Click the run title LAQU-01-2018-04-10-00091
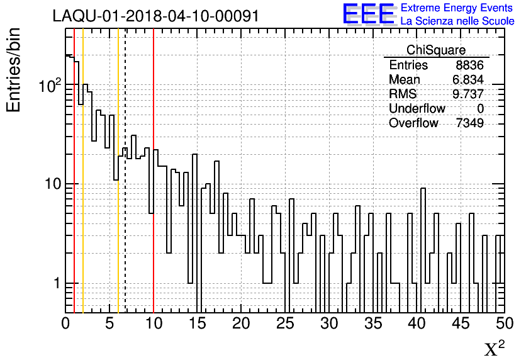[x=155, y=16]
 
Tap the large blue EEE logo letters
[x=368, y=14]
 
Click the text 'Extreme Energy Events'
[x=457, y=8]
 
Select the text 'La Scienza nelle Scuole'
[x=457, y=21]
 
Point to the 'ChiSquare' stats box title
[x=436, y=50]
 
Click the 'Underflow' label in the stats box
[x=417, y=108]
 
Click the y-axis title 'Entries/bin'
[x=14, y=70]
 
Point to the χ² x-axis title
[x=495, y=349]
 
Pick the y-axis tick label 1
[x=55, y=283]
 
